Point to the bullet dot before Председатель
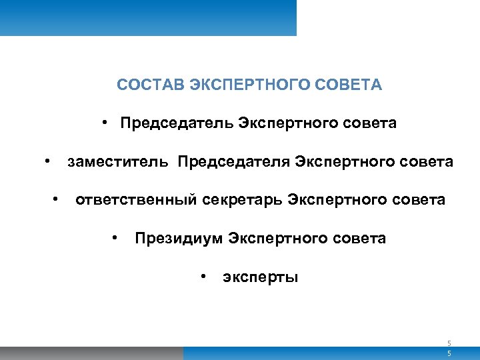(x=106, y=123)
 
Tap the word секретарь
(x=243, y=200)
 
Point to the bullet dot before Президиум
(x=116, y=237)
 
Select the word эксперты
(x=260, y=277)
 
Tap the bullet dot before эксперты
(x=203, y=275)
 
